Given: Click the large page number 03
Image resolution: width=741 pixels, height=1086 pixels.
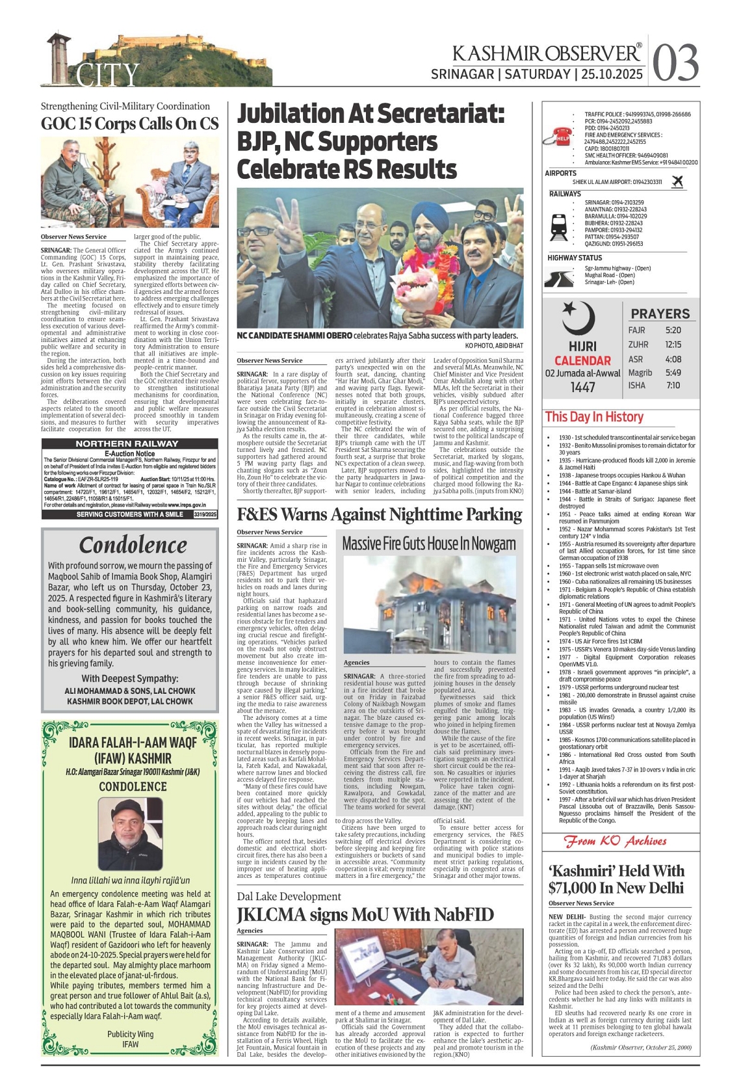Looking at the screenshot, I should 676,64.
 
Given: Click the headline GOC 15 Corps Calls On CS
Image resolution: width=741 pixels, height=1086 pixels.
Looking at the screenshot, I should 129,124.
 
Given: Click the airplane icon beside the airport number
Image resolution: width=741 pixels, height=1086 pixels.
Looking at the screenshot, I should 677,181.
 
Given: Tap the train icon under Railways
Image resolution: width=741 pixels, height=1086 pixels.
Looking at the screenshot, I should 559,226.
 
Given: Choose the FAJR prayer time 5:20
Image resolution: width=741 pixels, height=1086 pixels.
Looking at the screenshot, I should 673,330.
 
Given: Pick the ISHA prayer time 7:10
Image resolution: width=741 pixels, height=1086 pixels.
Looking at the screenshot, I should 673,386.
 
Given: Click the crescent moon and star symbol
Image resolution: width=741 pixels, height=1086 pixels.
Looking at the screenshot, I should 578,317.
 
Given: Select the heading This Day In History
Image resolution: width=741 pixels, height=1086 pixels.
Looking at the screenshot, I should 594,417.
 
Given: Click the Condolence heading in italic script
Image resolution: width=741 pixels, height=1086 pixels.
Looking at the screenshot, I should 133,545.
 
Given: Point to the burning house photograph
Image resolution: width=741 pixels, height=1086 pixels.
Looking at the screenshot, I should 429,604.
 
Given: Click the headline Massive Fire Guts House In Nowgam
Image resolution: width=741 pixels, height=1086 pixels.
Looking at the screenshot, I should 429,544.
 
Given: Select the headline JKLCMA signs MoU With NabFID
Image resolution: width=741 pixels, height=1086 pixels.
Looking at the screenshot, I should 365,914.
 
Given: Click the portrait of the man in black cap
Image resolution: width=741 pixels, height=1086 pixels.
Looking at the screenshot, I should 130,834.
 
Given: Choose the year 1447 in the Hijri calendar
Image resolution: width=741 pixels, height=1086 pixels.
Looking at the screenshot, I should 583,388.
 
